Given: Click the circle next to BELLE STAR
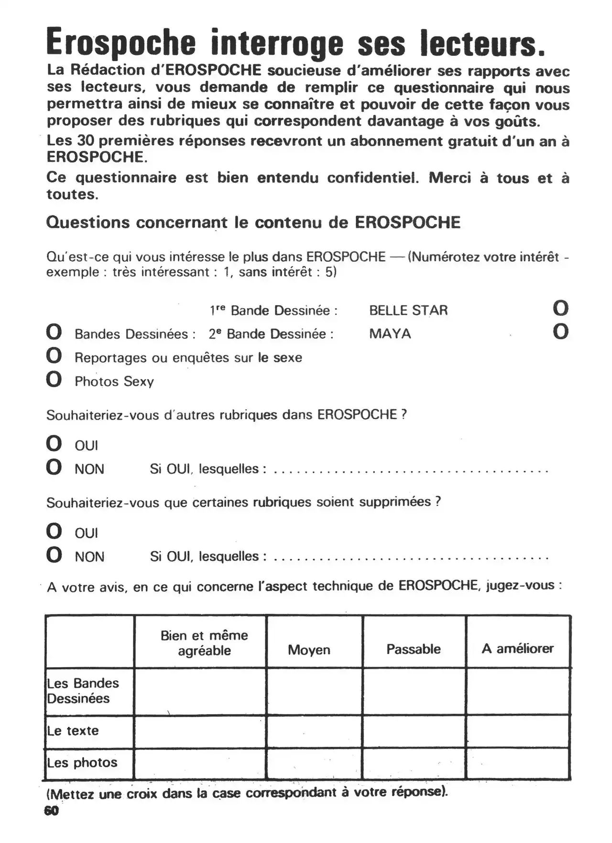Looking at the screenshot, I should click(560, 308).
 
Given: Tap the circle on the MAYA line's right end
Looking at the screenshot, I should click(560, 332).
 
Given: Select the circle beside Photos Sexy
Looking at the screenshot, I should click(54, 379).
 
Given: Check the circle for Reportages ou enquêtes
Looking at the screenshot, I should click(54, 355).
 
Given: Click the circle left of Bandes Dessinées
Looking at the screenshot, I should click(54, 332).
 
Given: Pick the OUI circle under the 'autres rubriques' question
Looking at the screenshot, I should click(54, 444).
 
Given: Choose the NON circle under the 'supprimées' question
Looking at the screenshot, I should click(54, 555).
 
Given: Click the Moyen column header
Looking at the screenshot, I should click(309, 650).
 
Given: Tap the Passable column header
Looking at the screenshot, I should click(414, 649).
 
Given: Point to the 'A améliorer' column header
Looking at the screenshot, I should click(518, 649).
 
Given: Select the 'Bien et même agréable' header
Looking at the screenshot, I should click(204, 643).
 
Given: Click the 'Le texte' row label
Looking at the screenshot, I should click(73, 731).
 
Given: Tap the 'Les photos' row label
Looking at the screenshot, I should click(82, 763).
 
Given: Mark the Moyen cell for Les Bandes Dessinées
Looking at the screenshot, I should click(314, 691).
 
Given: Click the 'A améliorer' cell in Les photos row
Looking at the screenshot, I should click(518, 764).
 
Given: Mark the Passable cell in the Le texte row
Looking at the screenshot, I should click(414, 732).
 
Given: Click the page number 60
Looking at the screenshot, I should click(51, 810).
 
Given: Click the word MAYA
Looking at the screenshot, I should click(390, 333).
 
